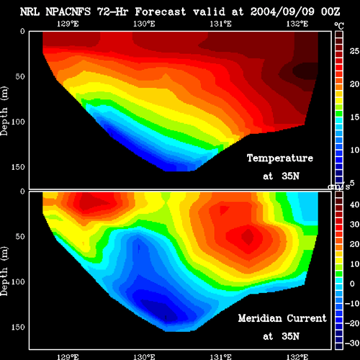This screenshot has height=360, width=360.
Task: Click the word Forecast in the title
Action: coord(161,12)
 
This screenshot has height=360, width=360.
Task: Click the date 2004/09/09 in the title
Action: coord(282,12)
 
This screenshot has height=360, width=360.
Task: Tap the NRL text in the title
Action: coord(30,12)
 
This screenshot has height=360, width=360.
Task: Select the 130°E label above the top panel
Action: coord(144,24)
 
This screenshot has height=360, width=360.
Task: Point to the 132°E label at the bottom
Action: coord(297,357)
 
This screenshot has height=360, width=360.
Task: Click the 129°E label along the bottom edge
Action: coord(68,357)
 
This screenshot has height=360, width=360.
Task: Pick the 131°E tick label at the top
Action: coord(220,24)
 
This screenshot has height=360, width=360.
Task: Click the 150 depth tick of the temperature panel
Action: coord(18,167)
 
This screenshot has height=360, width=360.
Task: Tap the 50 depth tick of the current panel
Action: coord(20,236)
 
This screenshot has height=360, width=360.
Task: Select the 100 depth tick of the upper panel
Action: coord(18,122)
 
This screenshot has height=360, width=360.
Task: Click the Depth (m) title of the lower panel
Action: coord(4,271)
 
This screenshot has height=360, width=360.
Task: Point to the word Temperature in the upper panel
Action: coord(280,158)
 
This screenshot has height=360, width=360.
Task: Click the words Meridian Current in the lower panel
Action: coord(282,318)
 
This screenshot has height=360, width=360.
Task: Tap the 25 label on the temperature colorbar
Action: coord(354,51)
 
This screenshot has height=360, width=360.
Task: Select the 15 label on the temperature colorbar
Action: coord(354,117)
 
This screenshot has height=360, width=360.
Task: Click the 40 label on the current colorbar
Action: coord(354,204)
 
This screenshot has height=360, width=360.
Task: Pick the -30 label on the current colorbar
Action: coord(352,343)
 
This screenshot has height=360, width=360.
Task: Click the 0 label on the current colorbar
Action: coord(352,284)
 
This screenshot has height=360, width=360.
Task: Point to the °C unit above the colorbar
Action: coord(339,26)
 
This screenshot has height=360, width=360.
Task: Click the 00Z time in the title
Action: coord(330,12)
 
